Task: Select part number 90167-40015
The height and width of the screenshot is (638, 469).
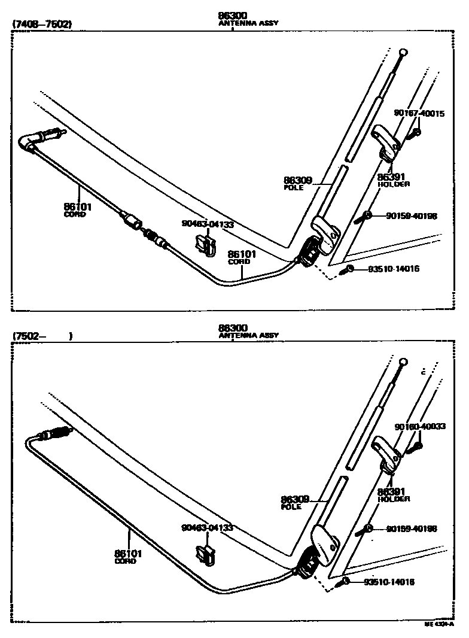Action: click(419, 113)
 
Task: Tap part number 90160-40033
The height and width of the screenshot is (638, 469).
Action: click(419, 426)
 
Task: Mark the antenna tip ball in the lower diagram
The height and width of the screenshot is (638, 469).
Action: click(403, 362)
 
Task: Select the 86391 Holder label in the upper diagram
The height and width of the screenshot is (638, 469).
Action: click(393, 180)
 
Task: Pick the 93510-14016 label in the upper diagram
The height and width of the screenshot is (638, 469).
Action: click(393, 269)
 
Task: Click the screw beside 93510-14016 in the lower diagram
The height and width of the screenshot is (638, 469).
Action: click(346, 581)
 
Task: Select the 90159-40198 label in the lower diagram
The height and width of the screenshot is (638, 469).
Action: click(411, 528)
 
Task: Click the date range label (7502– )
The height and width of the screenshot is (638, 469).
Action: click(42, 336)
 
